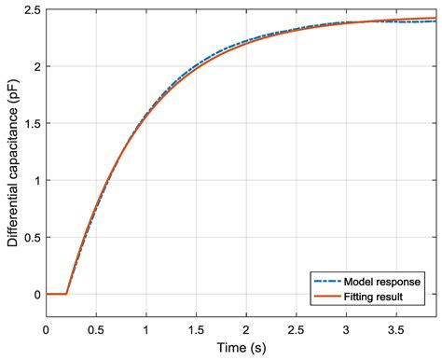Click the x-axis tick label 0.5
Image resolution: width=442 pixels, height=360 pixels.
pos(95,329)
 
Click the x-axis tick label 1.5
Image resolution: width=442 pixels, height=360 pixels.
pos(195,329)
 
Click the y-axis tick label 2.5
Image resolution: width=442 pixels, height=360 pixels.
pos(32,9)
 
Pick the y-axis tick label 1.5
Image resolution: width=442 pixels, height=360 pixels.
pos(32,123)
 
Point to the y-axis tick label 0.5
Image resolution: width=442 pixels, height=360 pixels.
pos(32,237)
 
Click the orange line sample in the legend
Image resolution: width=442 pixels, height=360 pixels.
pos(325,297)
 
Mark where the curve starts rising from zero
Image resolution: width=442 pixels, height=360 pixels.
pos(65,294)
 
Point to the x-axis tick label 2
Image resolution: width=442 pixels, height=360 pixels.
pos(245,329)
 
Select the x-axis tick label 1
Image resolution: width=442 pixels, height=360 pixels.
pos(145,329)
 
